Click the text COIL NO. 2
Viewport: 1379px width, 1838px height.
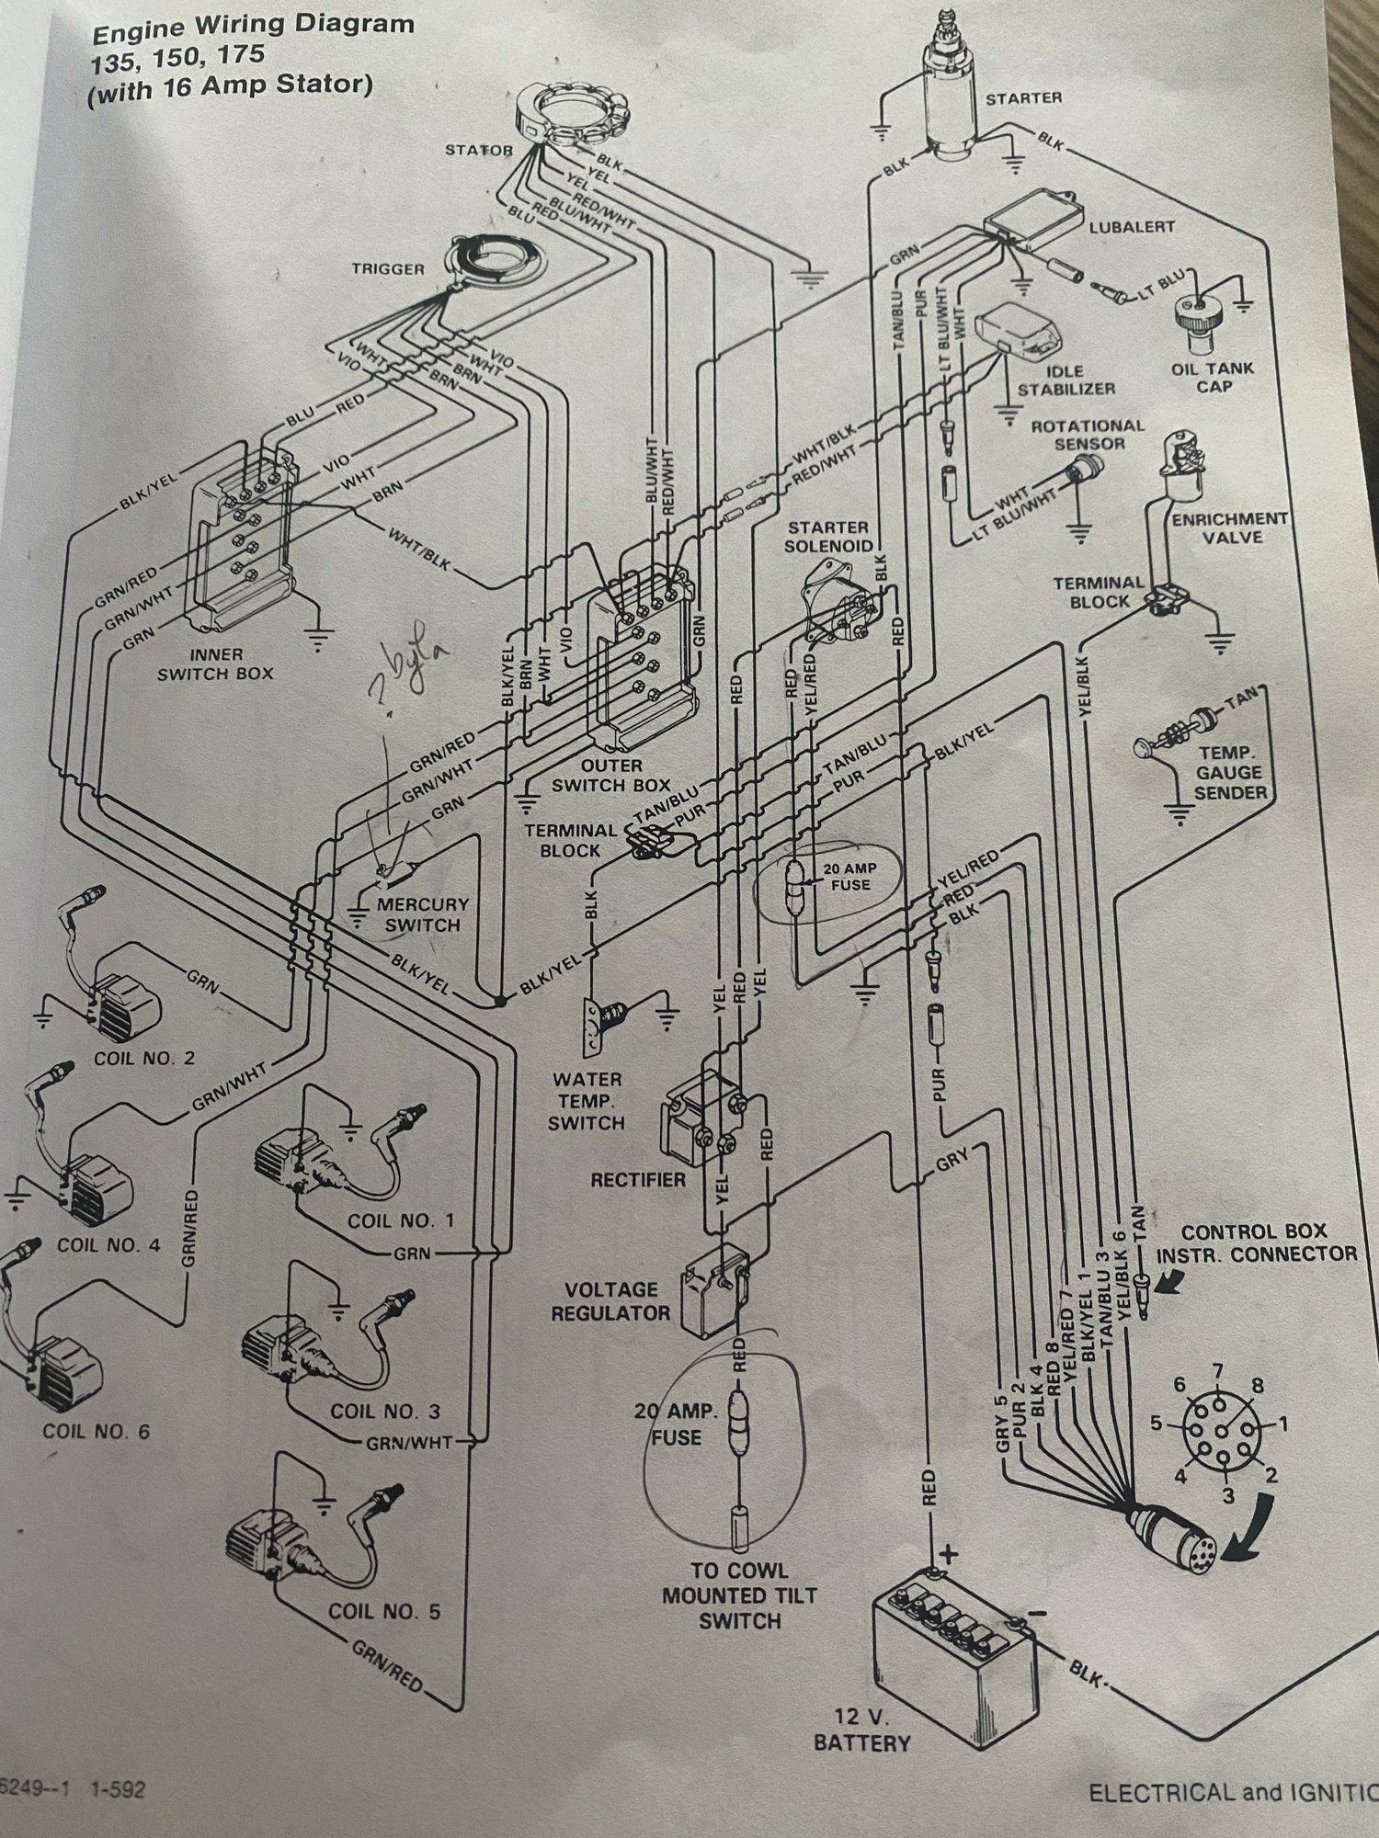144,1058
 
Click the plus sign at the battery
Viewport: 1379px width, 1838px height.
950,1554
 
